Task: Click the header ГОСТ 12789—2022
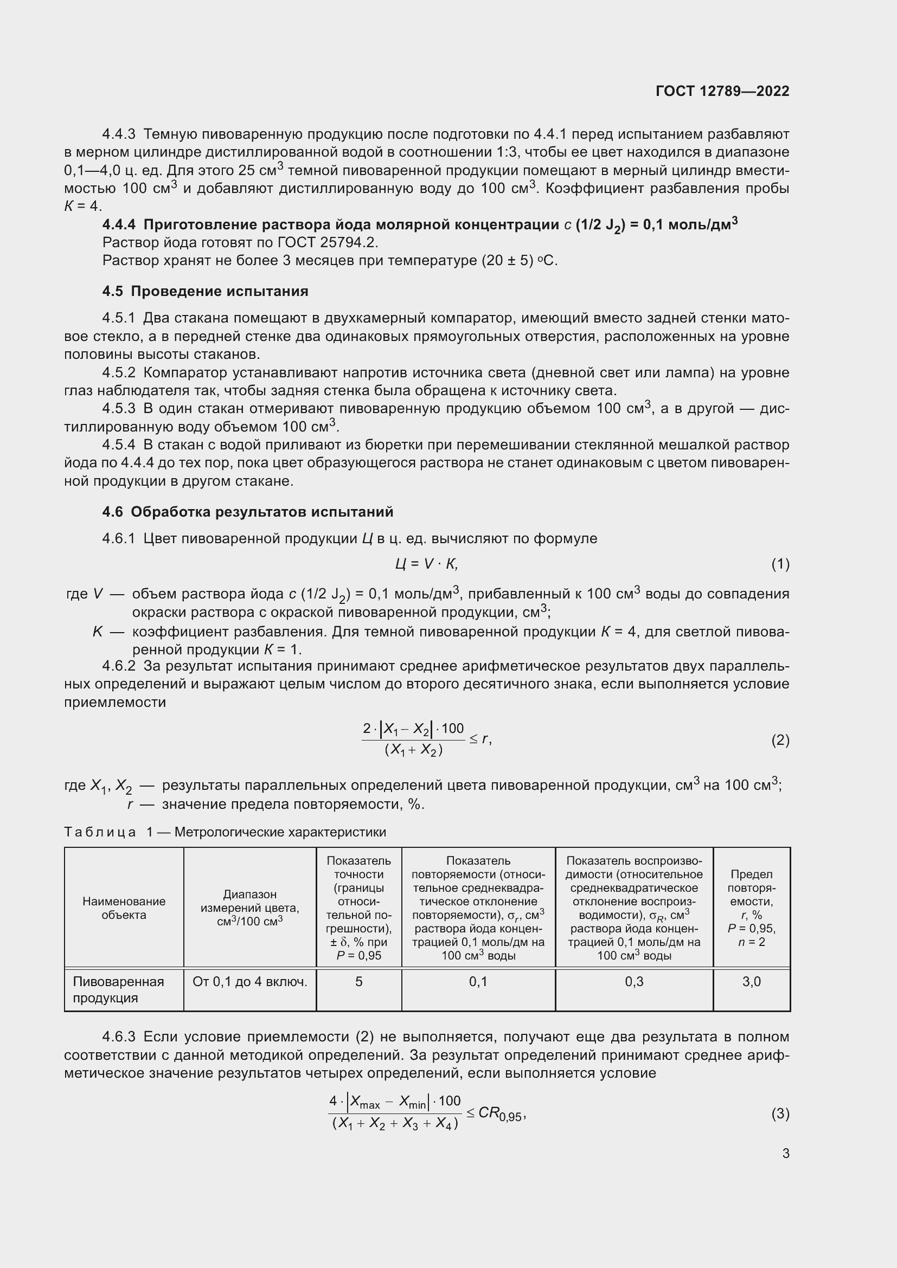pyautogui.click(x=722, y=91)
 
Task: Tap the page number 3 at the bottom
pyautogui.click(x=785, y=1153)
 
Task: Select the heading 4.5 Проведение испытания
pyautogui.click(x=205, y=291)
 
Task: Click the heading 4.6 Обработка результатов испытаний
pyautogui.click(x=247, y=511)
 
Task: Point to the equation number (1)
pyautogui.click(x=780, y=564)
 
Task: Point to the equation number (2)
pyautogui.click(x=780, y=739)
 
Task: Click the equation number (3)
pyautogui.click(x=780, y=1113)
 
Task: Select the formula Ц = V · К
pyautogui.click(x=426, y=564)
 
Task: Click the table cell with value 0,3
pyautogui.click(x=633, y=981)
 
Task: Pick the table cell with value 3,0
pyautogui.click(x=751, y=981)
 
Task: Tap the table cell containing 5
pyautogui.click(x=358, y=981)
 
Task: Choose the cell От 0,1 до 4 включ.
pyautogui.click(x=249, y=981)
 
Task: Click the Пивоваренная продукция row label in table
pyautogui.click(x=118, y=989)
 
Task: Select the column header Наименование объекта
pyautogui.click(x=124, y=908)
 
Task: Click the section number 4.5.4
pyautogui.click(x=118, y=445)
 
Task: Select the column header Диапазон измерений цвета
pyautogui.click(x=249, y=907)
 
